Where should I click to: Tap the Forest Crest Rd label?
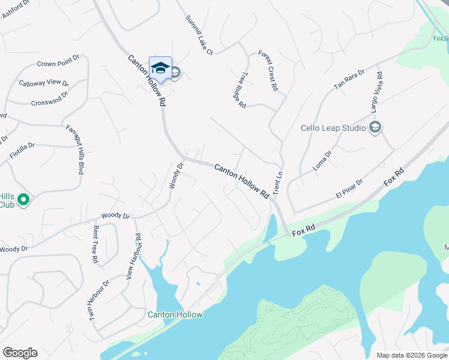coord(268,70)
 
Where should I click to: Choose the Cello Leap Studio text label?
coord(333,128)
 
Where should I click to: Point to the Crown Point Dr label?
coord(58,63)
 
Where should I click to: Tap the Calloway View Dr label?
coord(44,83)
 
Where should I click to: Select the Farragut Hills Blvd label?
coord(76,149)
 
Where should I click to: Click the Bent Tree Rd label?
coord(95,245)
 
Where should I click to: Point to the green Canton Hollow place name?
coord(175,315)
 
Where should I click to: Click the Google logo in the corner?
coord(20,353)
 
